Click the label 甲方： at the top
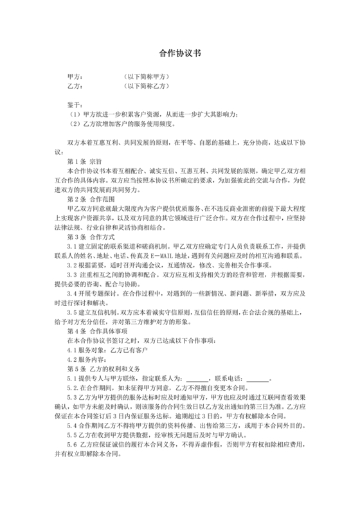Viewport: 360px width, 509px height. pos(75,76)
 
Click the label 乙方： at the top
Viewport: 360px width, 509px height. pos(75,85)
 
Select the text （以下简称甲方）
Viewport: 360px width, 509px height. pos(147,76)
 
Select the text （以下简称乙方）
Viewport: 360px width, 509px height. pos(147,85)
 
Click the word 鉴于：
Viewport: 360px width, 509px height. pos(75,103)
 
